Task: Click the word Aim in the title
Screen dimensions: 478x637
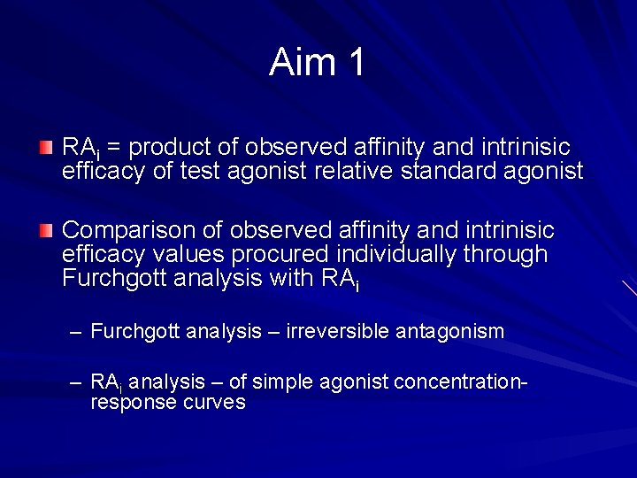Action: (302, 62)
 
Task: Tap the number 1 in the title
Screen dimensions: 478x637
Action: (356, 62)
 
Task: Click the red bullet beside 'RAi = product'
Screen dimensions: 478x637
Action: (46, 145)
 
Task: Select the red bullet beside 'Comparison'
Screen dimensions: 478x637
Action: (46, 230)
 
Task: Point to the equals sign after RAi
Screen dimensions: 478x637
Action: (113, 147)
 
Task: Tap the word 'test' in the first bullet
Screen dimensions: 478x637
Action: (200, 171)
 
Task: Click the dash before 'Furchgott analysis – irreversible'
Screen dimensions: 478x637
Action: (76, 332)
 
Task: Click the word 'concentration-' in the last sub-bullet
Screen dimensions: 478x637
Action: (461, 382)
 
